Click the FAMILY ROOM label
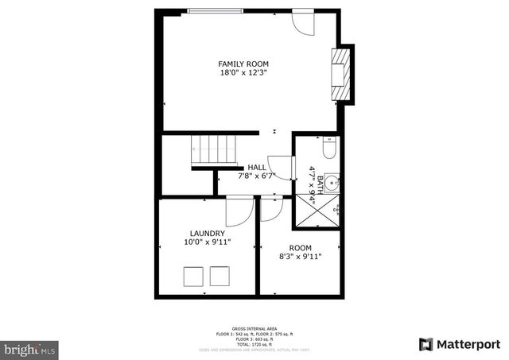pos(243,64)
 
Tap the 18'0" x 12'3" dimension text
pos(243,73)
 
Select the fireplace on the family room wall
pos(341,75)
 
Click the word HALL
pos(257,168)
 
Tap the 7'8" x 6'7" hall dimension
pos(257,176)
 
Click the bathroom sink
pos(334,180)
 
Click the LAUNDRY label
pos(207,234)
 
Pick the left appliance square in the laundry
pos(193,277)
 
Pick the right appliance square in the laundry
pos(219,277)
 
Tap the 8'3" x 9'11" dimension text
pos(300,257)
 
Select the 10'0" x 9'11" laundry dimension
pos(207,243)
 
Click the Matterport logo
pos(460,343)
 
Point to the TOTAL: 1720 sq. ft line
pos(254,344)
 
